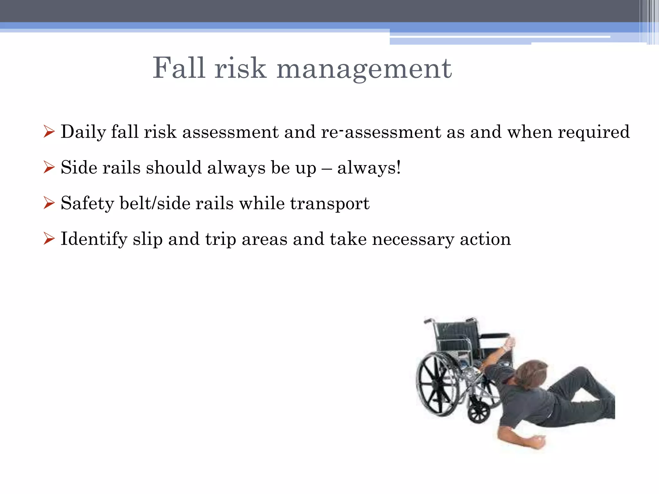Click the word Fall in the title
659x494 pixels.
[179, 68]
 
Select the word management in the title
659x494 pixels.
[364, 69]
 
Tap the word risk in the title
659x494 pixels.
[240, 68]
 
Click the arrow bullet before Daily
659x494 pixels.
[49, 132]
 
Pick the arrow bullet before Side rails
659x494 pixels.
[49, 168]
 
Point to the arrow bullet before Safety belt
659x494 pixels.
[49, 203]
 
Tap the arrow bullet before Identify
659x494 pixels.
[49, 239]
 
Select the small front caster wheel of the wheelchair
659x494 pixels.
[479, 412]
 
